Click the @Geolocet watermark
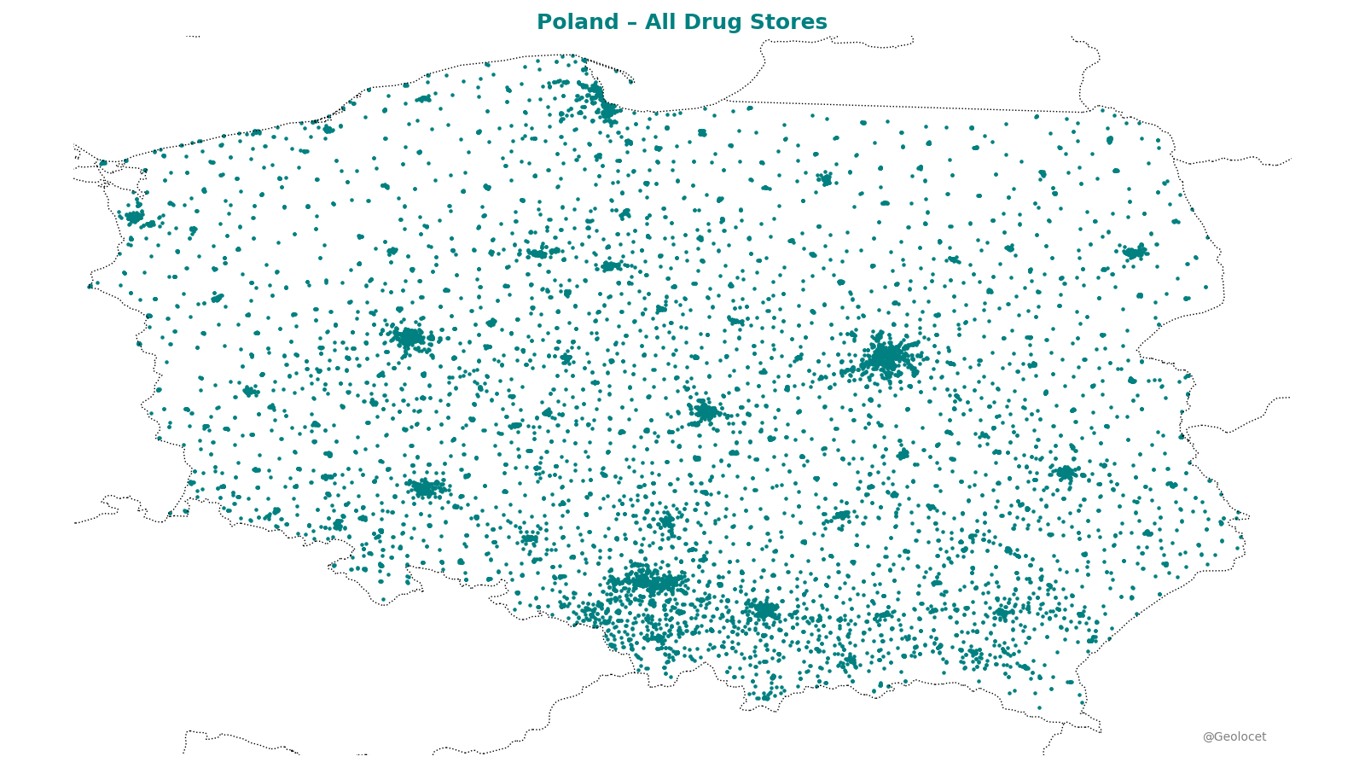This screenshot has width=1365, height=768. coord(1234,736)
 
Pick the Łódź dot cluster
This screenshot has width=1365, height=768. coord(706,413)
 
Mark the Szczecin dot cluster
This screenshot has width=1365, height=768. coord(134,217)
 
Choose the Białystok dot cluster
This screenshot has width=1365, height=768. coord(1135,253)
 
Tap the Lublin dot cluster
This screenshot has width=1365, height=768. coord(1065,473)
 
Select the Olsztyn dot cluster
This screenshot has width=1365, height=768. coord(825,178)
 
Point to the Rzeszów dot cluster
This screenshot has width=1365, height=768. coord(1002,613)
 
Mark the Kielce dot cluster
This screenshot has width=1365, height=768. coord(842,515)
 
